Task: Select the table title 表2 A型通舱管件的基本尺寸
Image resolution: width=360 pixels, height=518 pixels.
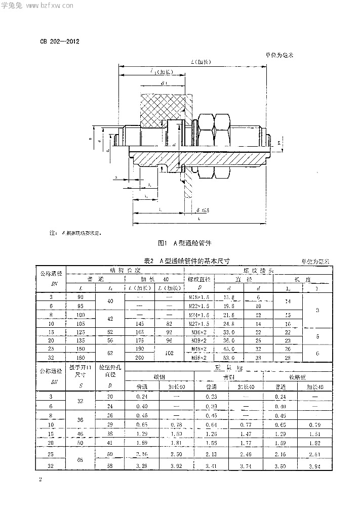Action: point(187,261)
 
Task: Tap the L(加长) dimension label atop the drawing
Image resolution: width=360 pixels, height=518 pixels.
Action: point(202,62)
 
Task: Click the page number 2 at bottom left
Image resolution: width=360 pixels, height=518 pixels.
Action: point(38,478)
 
